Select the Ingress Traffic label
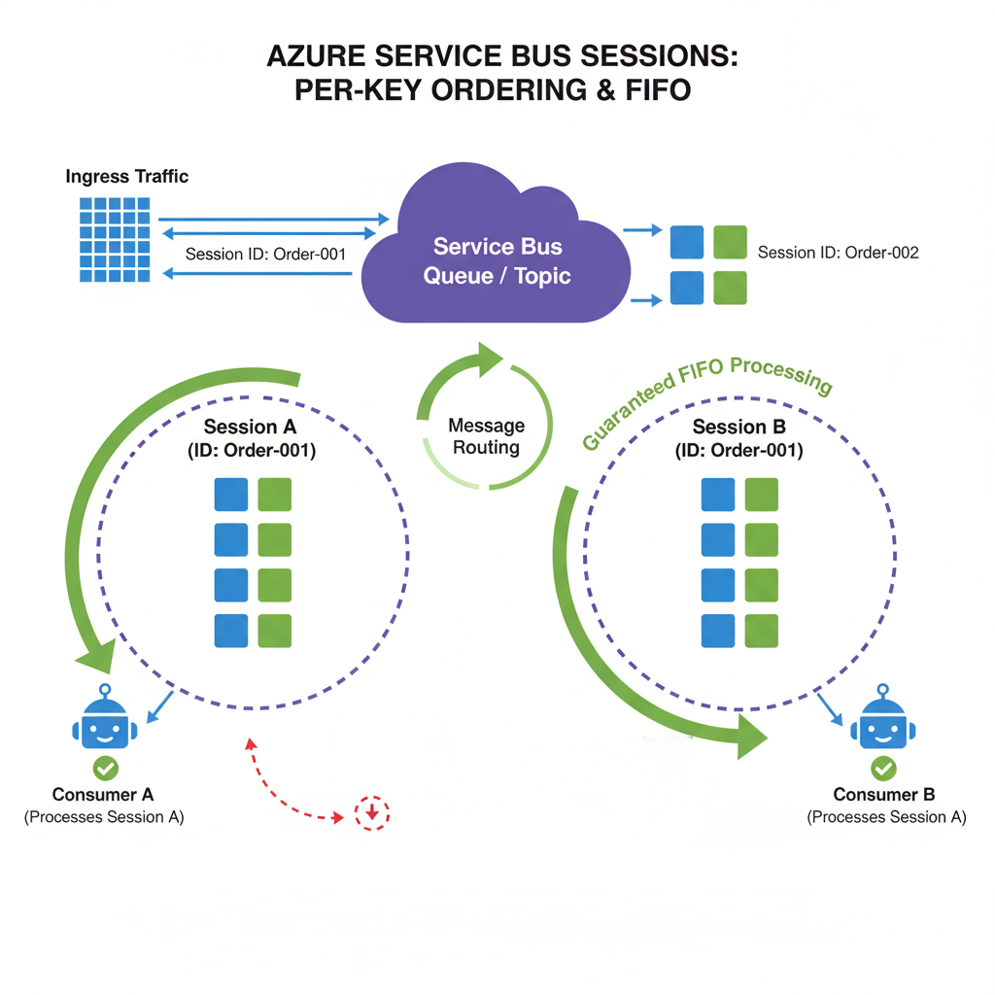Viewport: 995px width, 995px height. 127,177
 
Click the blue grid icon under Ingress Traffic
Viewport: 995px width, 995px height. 116,239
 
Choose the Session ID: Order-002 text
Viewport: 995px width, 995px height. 838,253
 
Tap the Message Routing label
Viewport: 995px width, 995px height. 487,436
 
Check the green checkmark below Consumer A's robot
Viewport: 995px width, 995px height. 105,769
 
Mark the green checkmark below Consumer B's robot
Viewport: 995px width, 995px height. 882,769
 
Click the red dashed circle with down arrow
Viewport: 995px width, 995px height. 371,812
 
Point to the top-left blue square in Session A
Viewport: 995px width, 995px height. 231,495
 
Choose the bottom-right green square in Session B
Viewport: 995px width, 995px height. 761,630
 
